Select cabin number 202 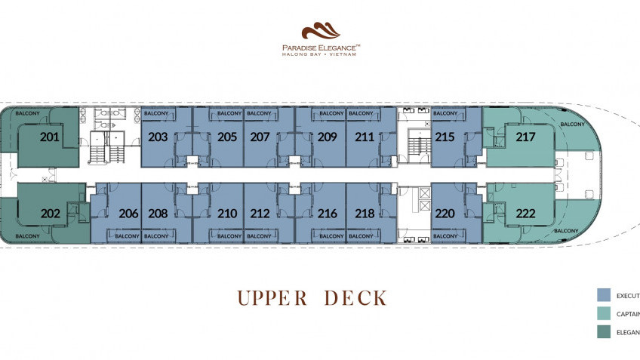51,214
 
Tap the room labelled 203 158,137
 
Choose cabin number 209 327,137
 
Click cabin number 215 445,137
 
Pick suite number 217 525,137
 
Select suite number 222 525,214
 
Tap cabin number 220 445,214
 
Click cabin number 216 327,214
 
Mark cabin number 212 260,214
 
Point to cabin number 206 128,214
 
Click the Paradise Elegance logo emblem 320,32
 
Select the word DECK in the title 355,298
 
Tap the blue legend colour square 603,295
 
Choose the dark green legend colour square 603,332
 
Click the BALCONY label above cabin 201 28,113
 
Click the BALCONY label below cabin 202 28,236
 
